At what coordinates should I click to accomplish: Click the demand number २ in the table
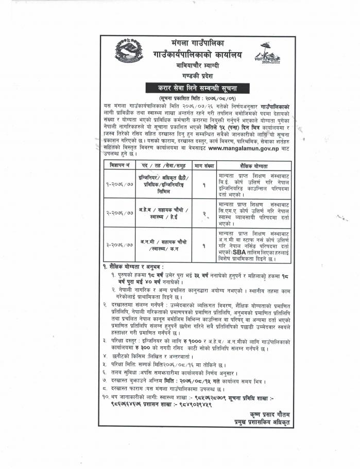pos(204,212)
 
